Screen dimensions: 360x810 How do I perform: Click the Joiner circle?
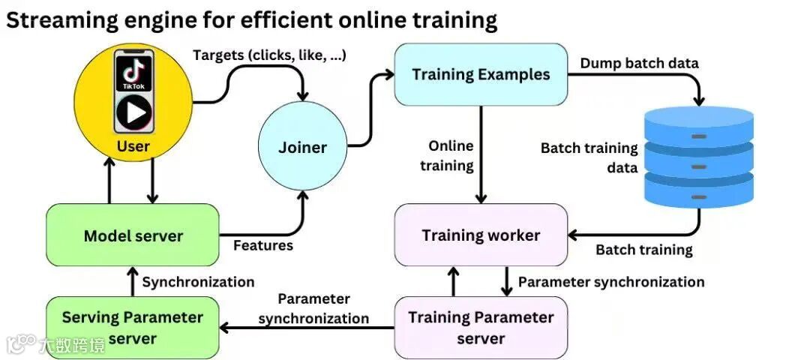pos(302,147)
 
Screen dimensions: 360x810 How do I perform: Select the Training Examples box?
pos(481,74)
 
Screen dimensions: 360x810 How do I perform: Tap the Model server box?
pos(133,235)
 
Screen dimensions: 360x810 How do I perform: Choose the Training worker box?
pos(481,235)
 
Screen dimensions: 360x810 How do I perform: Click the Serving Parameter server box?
pos(133,327)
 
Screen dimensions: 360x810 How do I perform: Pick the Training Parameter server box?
pos(481,327)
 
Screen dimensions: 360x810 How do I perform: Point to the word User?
pos(133,146)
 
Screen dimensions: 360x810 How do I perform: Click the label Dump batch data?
pos(639,63)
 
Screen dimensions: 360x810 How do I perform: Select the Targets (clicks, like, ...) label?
pos(269,55)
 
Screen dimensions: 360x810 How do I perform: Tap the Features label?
pos(263,245)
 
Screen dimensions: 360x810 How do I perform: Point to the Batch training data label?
pos(589,157)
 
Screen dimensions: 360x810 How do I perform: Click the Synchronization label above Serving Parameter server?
pos(198,282)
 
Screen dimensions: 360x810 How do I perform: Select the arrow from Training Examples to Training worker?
pos(481,154)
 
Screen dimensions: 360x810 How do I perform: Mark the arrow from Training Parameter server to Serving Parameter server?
pos(307,328)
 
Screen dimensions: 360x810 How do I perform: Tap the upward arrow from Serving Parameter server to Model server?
pos(132,281)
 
